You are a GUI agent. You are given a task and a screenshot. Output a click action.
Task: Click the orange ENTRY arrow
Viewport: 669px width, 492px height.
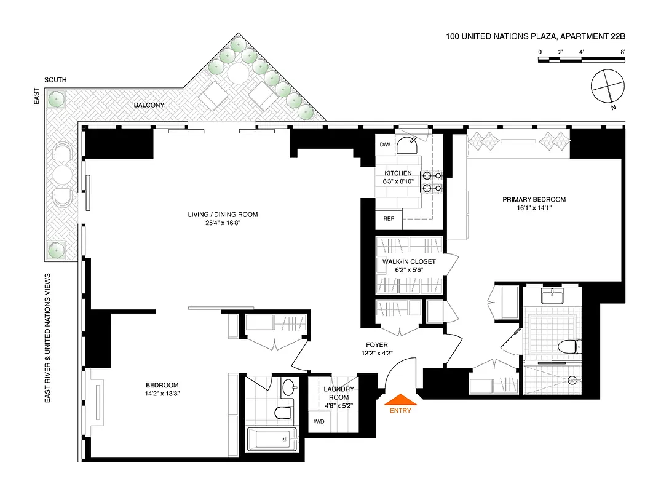pos(400,399)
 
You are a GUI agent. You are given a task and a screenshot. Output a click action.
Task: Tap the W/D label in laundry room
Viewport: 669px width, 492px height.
pos(319,422)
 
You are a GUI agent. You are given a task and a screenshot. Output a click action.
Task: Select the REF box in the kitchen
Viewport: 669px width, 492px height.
pos(389,219)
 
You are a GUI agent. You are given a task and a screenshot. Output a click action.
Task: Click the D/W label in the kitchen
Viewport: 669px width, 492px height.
pos(385,145)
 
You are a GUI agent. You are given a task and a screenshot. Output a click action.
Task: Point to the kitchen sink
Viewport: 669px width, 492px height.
pos(407,146)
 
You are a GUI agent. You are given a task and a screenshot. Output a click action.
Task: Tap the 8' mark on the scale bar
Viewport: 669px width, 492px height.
pos(623,52)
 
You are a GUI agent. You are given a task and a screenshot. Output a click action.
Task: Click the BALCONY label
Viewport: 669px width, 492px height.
pos(149,105)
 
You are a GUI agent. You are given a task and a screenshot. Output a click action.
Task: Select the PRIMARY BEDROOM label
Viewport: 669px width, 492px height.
pos(534,199)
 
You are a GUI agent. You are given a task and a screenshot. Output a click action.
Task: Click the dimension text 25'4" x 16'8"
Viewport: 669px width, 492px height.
pos(223,223)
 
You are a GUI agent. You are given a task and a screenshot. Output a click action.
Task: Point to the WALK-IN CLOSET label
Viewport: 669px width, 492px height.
pos(409,261)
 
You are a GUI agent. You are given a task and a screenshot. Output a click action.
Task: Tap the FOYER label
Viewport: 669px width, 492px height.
pos(376,344)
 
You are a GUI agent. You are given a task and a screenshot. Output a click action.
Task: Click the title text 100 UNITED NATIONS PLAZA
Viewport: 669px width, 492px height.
pos(501,37)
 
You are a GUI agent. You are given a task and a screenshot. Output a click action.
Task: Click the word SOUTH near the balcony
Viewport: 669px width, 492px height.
pos(55,80)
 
